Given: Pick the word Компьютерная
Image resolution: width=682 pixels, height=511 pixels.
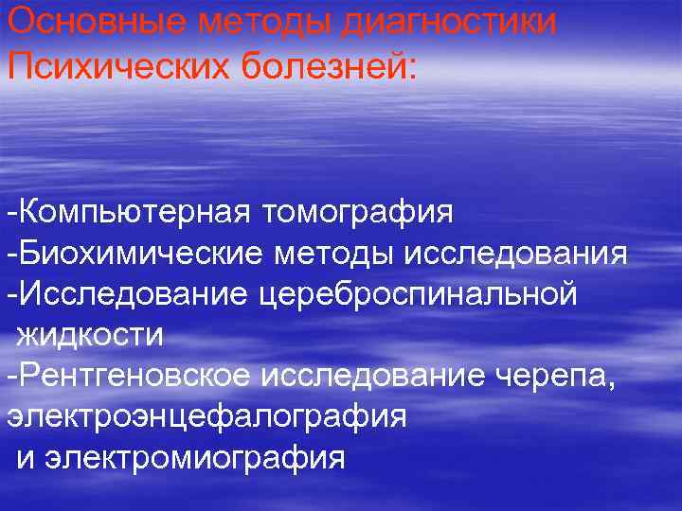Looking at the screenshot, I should pos(126,212).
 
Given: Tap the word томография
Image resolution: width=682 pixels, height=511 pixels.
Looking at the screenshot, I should pos(354,212).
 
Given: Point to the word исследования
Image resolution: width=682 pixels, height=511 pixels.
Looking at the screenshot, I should pos(515,254).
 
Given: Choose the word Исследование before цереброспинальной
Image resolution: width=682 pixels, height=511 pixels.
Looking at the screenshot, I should pos(133,294).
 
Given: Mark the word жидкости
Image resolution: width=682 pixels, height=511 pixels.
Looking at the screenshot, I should pos(89,335).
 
